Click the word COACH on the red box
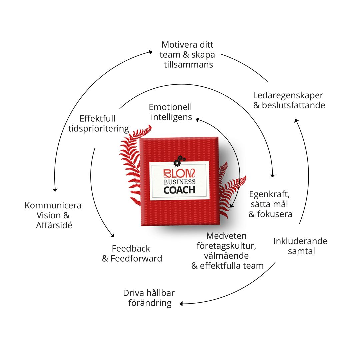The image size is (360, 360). (x=179, y=190)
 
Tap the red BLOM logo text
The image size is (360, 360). (x=179, y=174)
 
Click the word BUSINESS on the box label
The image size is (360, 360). (x=179, y=182)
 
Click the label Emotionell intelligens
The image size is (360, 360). (x=171, y=112)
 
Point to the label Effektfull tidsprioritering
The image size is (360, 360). (x=98, y=124)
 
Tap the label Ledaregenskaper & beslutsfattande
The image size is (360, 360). (x=289, y=100)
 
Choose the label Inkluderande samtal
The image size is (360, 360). (x=300, y=246)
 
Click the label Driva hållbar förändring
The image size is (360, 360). (x=149, y=298)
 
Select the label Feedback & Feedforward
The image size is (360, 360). (x=132, y=253)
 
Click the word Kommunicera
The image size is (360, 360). (x=53, y=205)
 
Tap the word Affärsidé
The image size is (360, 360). (x=54, y=225)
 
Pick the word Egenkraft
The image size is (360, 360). (x=269, y=194)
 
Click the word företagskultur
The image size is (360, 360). (x=226, y=246)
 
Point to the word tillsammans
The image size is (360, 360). (x=188, y=64)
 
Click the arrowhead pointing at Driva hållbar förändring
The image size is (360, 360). (x=182, y=304)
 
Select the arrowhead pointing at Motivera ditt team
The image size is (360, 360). (x=151, y=52)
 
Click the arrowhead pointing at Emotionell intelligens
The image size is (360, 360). (x=197, y=119)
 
